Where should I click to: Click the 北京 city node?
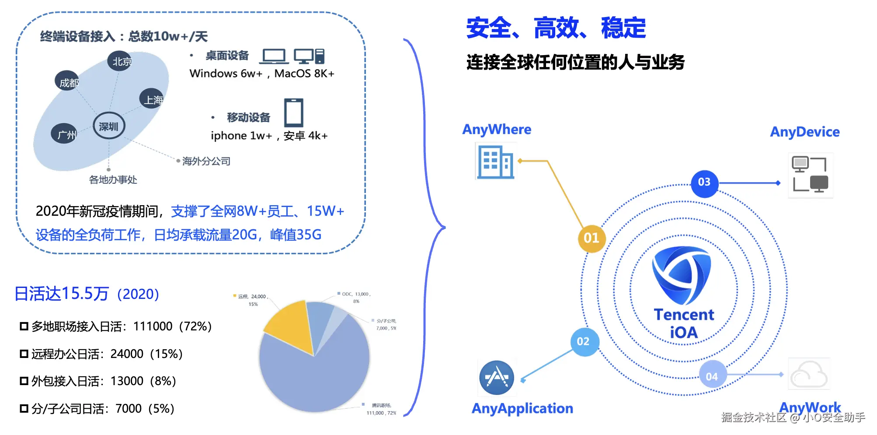120,61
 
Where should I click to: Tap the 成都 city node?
67,82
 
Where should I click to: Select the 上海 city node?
152,99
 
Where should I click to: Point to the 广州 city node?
65,134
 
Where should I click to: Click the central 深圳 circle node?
109,126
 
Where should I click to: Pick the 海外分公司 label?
206,161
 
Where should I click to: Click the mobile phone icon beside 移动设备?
294,113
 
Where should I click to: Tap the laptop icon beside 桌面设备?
274,56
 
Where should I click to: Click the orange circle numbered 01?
591,238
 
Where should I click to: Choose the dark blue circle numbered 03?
704,182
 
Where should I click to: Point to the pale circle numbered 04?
712,376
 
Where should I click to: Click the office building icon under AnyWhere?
495,162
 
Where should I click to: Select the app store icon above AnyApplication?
497,377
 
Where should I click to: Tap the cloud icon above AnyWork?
809,374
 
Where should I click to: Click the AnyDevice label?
804,132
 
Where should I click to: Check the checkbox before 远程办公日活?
24,354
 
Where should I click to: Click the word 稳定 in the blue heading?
623,28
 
